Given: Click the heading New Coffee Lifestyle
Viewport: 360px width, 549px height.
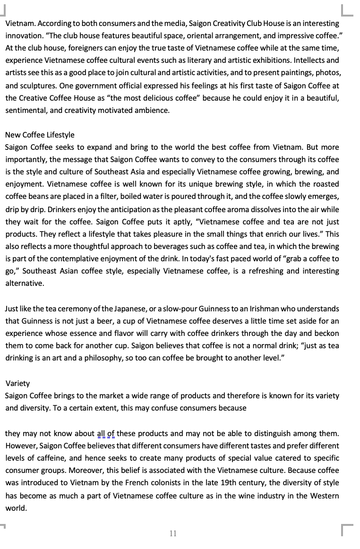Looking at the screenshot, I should tap(40, 135).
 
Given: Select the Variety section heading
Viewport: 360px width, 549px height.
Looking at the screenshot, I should tap(17, 383).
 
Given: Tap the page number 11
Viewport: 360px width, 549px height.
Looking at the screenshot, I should tap(173, 533).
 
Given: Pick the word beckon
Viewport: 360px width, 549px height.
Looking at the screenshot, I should tap(327, 333).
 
